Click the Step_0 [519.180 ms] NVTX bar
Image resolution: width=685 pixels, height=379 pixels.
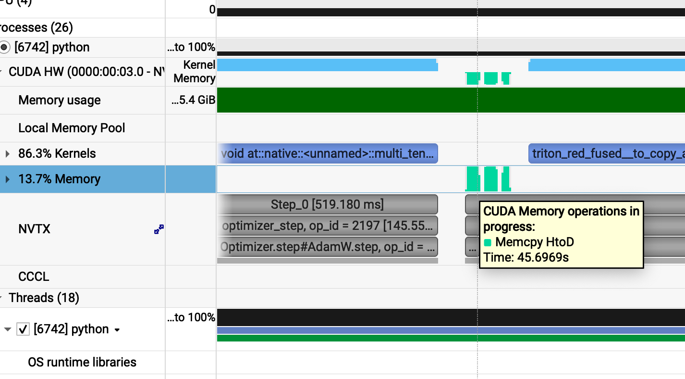coord(327,204)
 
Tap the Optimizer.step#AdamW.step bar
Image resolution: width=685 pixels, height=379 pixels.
coord(327,247)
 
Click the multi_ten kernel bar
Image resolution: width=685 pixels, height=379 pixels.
coord(327,154)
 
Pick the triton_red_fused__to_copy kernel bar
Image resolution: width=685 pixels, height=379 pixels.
coord(606,154)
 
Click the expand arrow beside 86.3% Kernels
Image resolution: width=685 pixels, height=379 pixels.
coord(7,154)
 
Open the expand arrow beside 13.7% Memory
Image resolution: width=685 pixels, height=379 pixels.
coord(7,179)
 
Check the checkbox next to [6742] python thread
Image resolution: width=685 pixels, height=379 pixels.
coord(23,329)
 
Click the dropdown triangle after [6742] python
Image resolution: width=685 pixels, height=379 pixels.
coord(117,330)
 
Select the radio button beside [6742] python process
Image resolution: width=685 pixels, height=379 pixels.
coord(5,47)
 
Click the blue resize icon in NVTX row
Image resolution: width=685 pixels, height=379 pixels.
coord(159,229)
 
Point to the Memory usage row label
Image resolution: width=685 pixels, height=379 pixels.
coord(60,100)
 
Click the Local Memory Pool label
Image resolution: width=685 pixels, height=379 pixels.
coord(72,128)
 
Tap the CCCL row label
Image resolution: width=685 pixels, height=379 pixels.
coord(34,277)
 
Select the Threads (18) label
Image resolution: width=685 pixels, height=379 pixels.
coord(44,298)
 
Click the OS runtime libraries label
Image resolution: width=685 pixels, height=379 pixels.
coord(82,362)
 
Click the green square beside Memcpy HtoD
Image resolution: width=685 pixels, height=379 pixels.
coord(488,242)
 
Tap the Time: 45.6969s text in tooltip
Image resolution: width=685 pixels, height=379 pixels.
coord(526,257)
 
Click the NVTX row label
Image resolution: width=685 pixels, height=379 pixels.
coord(34,229)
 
